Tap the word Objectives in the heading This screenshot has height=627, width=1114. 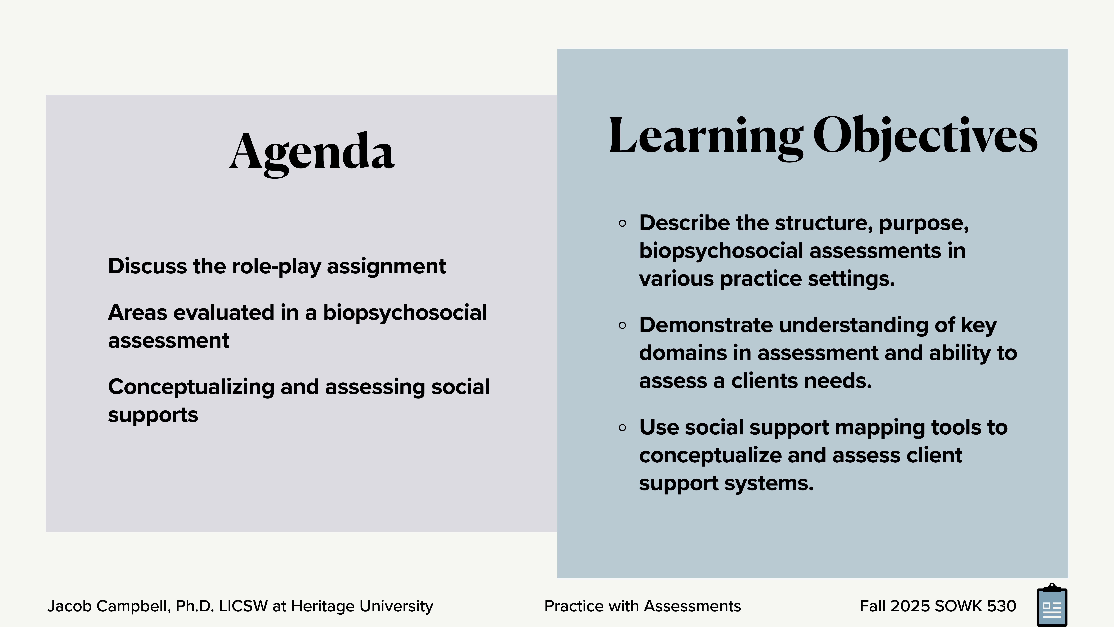925,136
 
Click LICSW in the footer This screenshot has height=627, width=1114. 243,606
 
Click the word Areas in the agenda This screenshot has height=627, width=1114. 137,313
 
